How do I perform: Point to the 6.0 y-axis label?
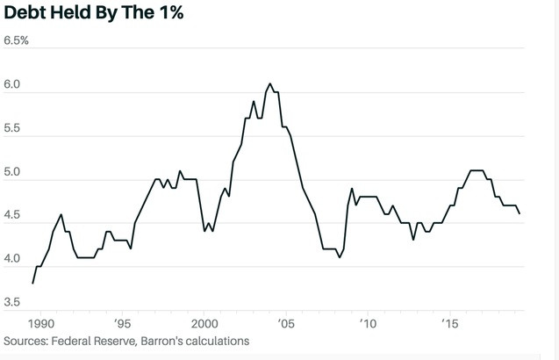[15, 85]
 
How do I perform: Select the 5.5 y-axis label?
[15, 129]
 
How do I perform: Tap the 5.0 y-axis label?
[15, 173]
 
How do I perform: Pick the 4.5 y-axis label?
[15, 217]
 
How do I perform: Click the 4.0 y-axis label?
[15, 261]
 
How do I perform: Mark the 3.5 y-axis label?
[15, 304]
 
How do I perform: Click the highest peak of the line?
[269, 83]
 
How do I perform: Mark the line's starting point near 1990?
[33, 283]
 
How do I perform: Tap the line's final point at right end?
[520, 213]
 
